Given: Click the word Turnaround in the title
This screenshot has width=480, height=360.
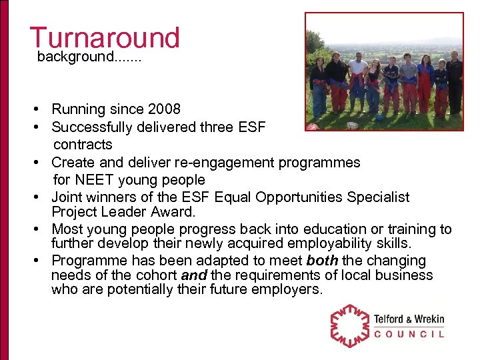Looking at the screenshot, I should [105, 38].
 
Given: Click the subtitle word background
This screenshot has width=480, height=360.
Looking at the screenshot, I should [67, 57].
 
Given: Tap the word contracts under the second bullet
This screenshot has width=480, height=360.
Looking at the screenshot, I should [83, 144].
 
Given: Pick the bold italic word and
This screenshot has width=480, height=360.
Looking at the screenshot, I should [194, 275].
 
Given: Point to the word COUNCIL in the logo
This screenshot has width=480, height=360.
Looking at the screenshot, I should [409, 334].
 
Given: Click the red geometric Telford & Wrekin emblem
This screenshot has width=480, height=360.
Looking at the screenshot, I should [350, 325].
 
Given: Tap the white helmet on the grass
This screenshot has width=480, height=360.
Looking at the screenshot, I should [353, 125].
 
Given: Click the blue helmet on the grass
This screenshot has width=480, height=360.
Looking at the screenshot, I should [379, 118].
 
